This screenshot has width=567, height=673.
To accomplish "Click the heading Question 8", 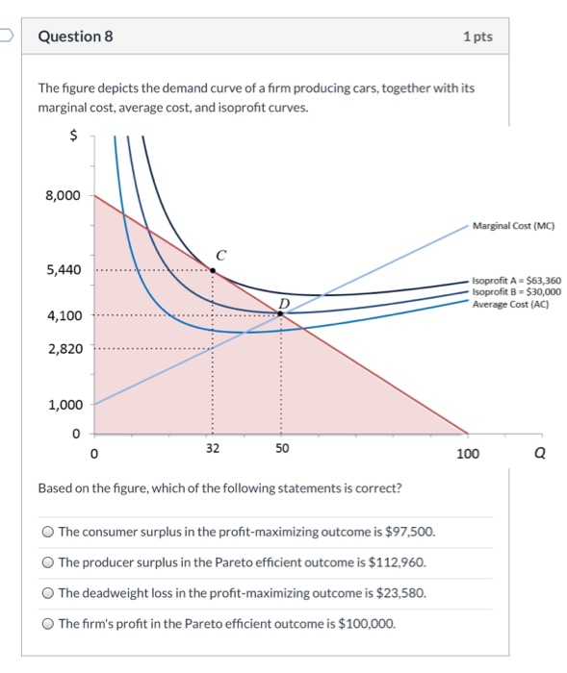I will (75, 37).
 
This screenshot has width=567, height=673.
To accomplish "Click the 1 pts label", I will (477, 37).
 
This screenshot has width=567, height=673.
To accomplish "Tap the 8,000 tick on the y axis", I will (63, 196).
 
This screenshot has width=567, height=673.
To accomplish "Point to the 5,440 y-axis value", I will (63, 270).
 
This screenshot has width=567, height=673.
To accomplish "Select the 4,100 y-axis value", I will (63, 314).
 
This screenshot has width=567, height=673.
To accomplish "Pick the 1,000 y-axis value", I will (63, 405).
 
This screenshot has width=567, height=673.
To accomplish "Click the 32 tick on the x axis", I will (213, 449).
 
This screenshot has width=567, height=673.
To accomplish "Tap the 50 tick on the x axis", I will (281, 449).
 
